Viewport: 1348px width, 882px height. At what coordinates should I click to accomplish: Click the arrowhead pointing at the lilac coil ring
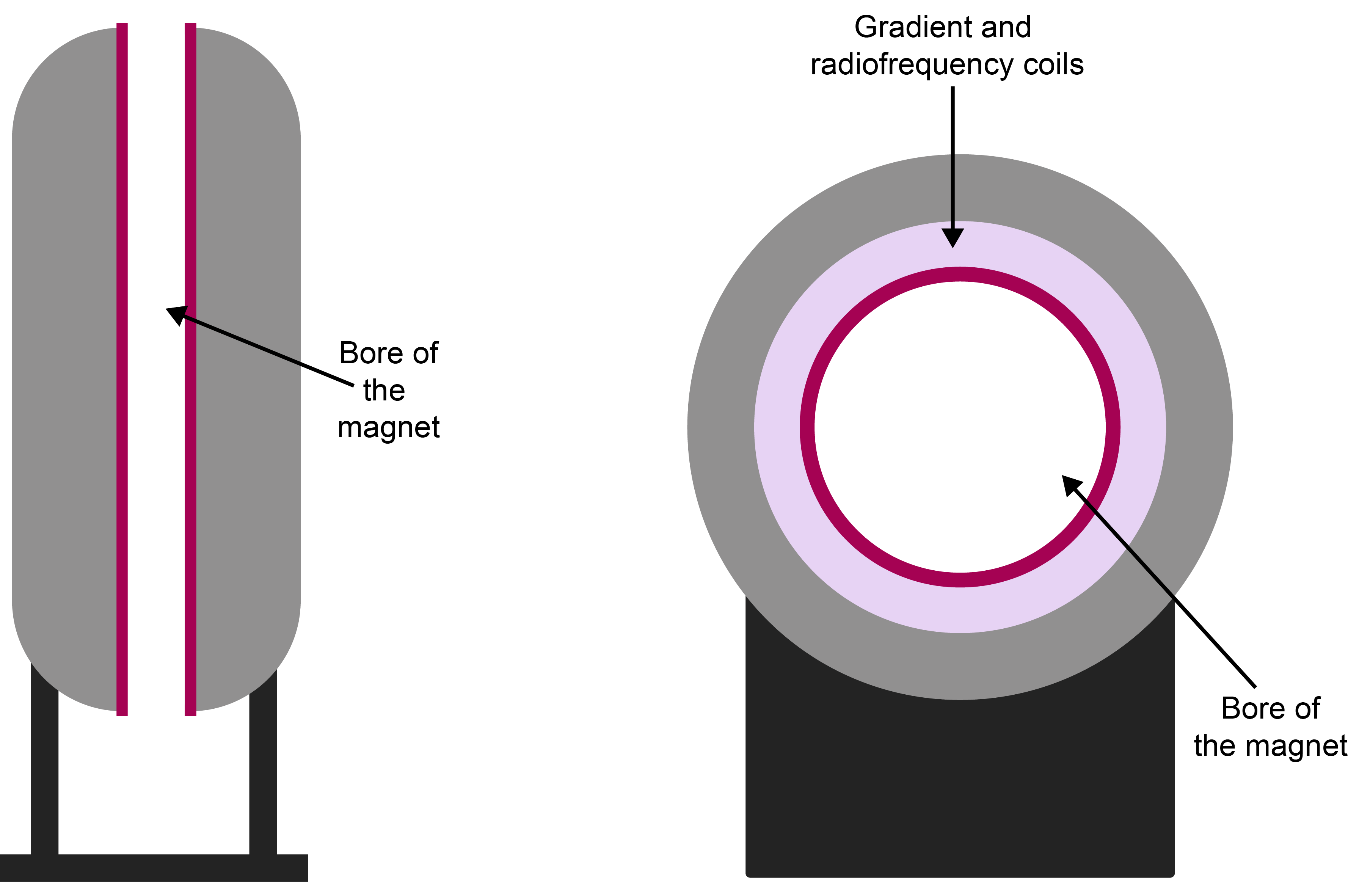(x=953, y=237)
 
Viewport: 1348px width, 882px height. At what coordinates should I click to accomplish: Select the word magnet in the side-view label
(x=389, y=428)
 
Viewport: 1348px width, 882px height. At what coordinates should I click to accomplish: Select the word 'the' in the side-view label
(x=384, y=391)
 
